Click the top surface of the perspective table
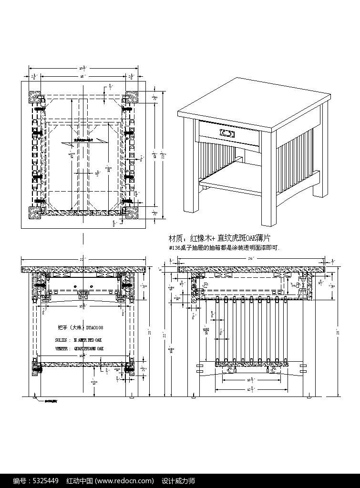pos(255,103)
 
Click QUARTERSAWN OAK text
pos(89,349)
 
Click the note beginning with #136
pos(224,248)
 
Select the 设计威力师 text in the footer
pos(179,480)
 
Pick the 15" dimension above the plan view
pos(82,76)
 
